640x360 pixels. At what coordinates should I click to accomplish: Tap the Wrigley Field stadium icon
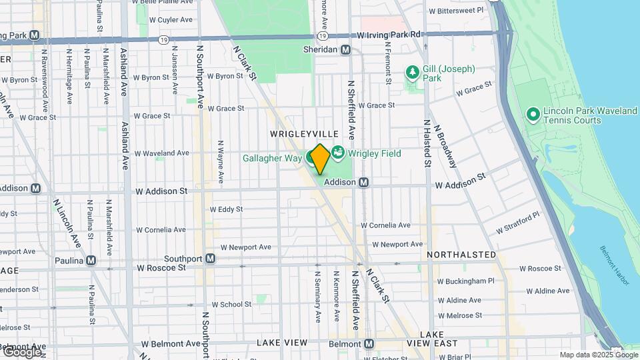tap(337, 153)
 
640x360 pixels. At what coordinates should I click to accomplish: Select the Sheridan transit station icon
tap(345, 50)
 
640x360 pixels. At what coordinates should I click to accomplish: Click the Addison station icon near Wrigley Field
tap(364, 182)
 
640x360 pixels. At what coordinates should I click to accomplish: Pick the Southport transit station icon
tap(210, 258)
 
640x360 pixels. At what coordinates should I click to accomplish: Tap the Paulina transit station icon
tap(90, 260)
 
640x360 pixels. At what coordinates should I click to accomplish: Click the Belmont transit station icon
tap(369, 343)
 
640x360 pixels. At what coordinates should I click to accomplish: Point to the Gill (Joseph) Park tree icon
tap(413, 71)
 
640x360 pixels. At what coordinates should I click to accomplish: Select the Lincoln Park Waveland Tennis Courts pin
tap(533, 115)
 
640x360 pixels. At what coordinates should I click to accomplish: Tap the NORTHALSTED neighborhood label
tap(461, 255)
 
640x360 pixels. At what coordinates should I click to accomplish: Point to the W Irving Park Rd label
tap(389, 35)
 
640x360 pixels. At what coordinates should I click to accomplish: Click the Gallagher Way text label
tap(273, 157)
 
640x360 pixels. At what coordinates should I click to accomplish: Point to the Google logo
tap(21, 352)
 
